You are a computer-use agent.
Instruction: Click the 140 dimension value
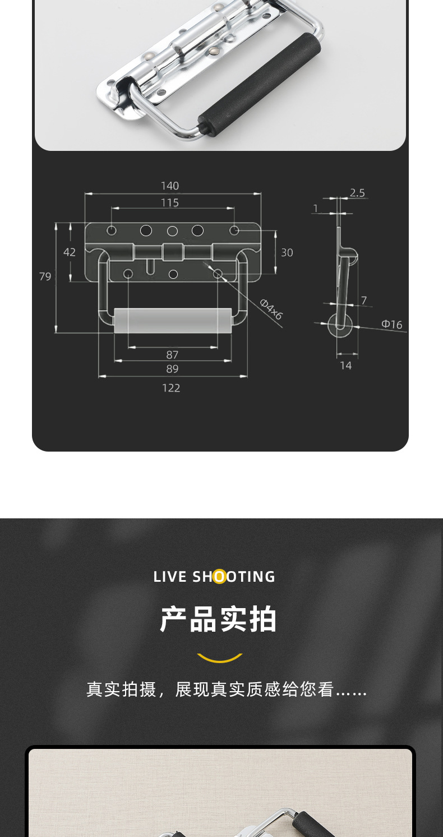tap(170, 186)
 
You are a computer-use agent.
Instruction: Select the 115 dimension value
tap(170, 203)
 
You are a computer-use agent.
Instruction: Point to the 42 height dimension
tap(69, 252)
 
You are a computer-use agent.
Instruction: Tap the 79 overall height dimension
tap(45, 276)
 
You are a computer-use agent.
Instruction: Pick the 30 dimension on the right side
tap(287, 252)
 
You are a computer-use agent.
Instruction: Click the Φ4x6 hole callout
tap(271, 309)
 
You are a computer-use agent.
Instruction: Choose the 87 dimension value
tap(172, 355)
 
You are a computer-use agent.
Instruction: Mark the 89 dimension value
tap(172, 369)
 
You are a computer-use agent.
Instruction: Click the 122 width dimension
tap(171, 388)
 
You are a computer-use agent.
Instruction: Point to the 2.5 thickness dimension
tap(357, 192)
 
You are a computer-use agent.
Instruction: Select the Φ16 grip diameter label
tap(392, 324)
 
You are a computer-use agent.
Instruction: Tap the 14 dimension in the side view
tap(346, 365)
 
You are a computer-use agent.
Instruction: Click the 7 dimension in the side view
tap(364, 301)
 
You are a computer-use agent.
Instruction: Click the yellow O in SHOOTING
tap(219, 577)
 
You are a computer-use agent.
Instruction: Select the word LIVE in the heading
tap(170, 577)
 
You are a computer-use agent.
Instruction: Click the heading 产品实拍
tap(219, 619)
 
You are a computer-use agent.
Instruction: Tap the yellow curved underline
tap(219, 658)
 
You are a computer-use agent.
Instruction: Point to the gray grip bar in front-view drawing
tap(173, 320)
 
